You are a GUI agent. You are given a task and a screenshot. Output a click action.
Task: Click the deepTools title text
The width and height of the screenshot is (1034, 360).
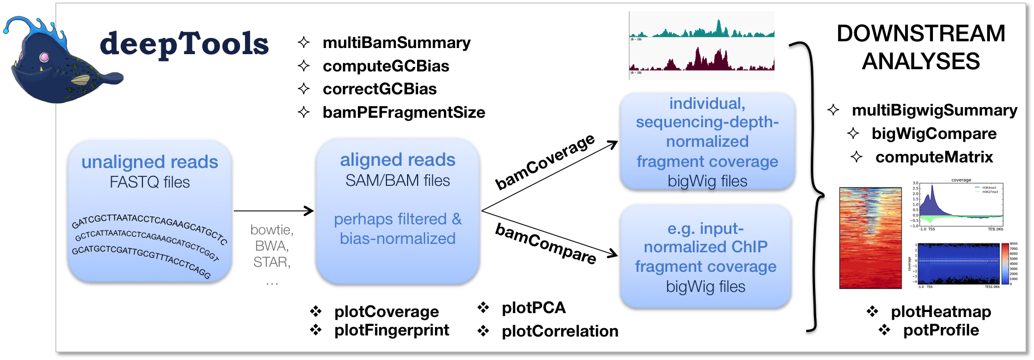184,44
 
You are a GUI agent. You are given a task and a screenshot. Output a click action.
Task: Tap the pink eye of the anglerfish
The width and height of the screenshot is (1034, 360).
44,57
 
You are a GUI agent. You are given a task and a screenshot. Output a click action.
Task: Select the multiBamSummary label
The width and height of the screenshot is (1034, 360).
396,42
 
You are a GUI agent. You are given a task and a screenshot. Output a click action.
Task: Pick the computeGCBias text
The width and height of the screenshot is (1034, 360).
386,66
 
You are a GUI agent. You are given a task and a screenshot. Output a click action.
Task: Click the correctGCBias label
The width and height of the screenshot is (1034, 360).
380,89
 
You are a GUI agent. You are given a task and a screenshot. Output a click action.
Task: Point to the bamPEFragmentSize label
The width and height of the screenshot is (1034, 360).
404,112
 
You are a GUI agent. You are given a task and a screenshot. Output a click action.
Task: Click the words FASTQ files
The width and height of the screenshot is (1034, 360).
150,182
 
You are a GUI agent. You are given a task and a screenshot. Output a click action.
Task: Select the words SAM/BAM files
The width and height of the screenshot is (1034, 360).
398,180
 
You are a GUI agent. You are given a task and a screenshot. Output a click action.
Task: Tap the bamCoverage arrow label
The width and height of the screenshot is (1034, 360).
545,161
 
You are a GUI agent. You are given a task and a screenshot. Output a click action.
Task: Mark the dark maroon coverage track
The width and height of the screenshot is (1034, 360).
702,60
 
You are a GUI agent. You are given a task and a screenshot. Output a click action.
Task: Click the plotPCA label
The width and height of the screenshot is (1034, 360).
533,308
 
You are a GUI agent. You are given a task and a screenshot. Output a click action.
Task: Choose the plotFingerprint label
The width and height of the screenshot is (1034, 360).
391,330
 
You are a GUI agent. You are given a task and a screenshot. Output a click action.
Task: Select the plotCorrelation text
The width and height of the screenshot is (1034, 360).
559,331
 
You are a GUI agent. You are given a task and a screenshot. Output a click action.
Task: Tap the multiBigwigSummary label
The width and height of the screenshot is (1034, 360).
934,110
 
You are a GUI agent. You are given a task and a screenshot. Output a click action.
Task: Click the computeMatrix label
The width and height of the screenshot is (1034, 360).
934,157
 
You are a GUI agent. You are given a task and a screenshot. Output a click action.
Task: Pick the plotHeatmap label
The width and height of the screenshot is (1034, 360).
941,311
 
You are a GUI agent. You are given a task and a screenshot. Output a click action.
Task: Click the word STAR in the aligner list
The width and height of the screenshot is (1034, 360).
271,262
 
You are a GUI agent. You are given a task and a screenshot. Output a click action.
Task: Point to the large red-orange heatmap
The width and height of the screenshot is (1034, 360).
870,238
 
